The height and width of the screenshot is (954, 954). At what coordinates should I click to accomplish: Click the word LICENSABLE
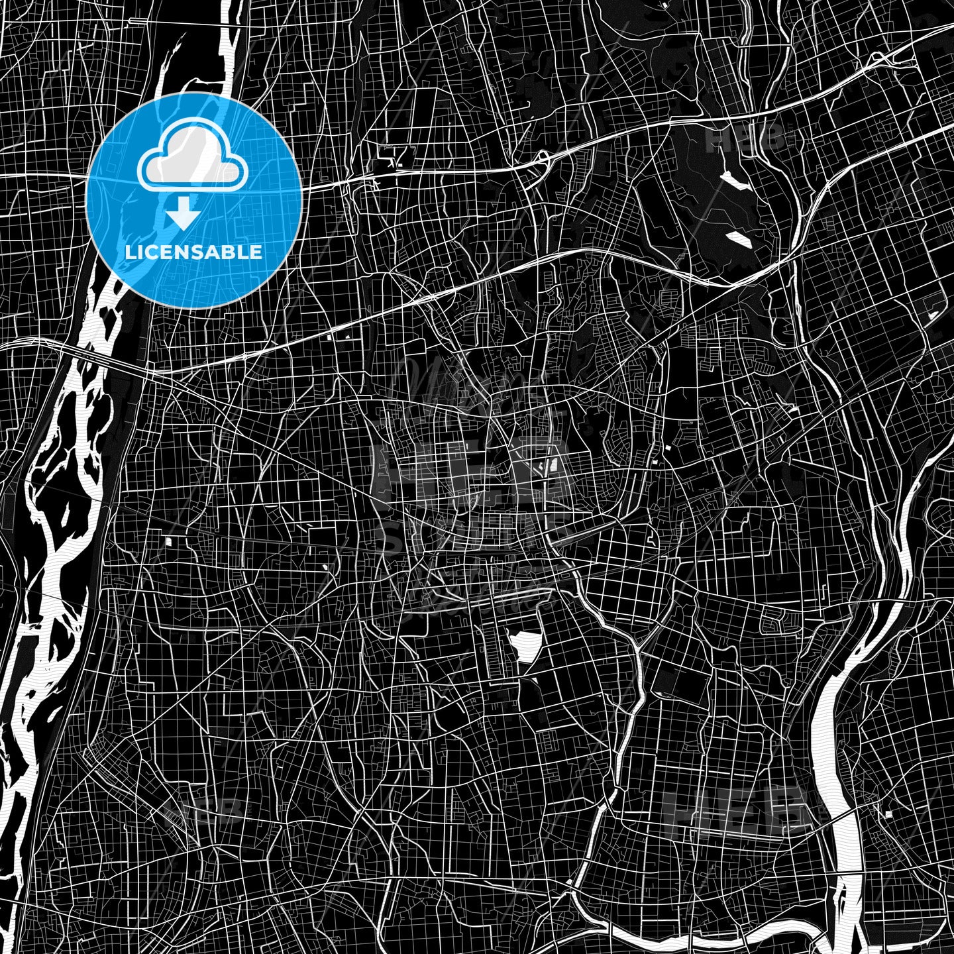point(193,252)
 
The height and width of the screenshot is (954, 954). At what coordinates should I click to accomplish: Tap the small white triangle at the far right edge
point(933,315)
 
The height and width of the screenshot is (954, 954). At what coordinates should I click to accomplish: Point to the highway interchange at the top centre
point(543,159)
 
